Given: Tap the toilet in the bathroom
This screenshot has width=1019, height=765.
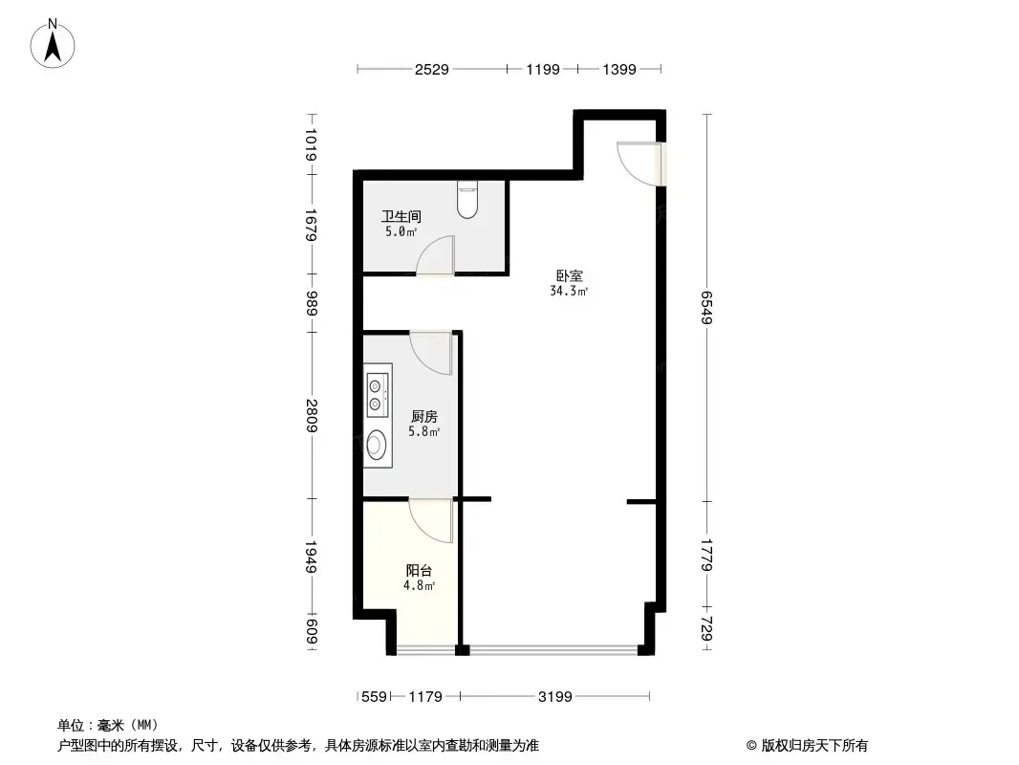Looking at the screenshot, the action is point(467,199).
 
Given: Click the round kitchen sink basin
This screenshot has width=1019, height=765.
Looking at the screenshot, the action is point(375,446).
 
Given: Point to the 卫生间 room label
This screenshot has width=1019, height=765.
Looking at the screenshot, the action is point(401,216).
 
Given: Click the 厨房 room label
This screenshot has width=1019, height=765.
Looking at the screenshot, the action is point(424,416).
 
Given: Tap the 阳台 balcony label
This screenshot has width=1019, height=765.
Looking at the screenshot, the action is point(420,571).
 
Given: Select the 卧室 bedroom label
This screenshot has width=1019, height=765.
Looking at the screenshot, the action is point(570,275).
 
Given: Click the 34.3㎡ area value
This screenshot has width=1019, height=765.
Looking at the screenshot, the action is point(569,292).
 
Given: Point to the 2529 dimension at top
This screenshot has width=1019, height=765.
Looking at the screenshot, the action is point(431,69).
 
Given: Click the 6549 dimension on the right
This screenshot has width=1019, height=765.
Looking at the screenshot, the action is point(707,307).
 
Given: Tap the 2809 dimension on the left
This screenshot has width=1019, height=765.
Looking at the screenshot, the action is point(312,416).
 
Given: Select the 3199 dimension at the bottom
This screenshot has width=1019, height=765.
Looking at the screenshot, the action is point(555,697).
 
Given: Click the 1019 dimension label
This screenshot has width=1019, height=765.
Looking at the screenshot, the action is point(312,145).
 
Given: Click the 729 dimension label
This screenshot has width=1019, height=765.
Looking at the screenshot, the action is point(707,628).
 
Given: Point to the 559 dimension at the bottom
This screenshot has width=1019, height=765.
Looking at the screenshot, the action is point(375,697).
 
